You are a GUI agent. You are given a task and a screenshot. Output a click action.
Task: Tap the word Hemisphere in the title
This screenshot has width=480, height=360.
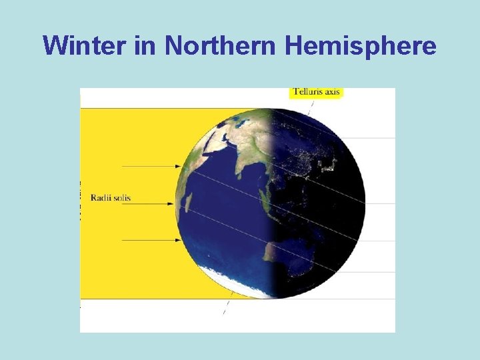pos(361,45)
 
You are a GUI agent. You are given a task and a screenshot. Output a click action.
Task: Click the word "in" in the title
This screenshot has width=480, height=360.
pos(145,45)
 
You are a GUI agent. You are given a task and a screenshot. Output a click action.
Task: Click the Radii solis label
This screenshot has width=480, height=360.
pos(111,197)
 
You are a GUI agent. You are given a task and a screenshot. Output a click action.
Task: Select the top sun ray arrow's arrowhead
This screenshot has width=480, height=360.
pos(178,166)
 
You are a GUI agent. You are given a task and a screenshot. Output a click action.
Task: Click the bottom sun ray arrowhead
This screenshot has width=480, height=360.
pos(178,240)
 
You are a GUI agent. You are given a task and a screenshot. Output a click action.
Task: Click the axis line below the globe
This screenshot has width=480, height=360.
pos(227,308)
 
